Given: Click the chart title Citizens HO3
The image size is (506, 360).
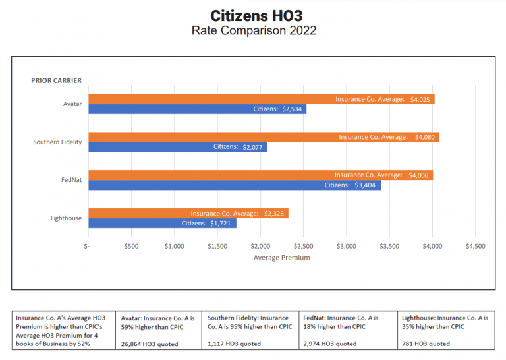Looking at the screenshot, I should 254,15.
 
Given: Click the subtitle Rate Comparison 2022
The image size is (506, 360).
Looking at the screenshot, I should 254,30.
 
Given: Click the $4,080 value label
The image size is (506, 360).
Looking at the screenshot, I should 425,137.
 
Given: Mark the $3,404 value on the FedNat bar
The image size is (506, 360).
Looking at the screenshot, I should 366,185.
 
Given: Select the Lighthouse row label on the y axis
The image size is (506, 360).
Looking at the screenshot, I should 66,218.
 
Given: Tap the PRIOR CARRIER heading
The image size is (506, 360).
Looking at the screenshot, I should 56,80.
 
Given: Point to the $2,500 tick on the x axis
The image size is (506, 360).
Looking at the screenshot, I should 303,246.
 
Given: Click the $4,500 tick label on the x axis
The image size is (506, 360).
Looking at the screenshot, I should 475,246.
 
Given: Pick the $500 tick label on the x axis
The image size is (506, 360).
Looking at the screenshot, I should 131,246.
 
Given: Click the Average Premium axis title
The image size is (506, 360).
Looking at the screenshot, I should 281,258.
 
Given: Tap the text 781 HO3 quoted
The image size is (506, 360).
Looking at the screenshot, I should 426,344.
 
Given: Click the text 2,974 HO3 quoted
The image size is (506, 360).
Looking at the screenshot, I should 330,344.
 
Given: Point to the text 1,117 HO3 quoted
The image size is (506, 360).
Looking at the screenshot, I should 234,344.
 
